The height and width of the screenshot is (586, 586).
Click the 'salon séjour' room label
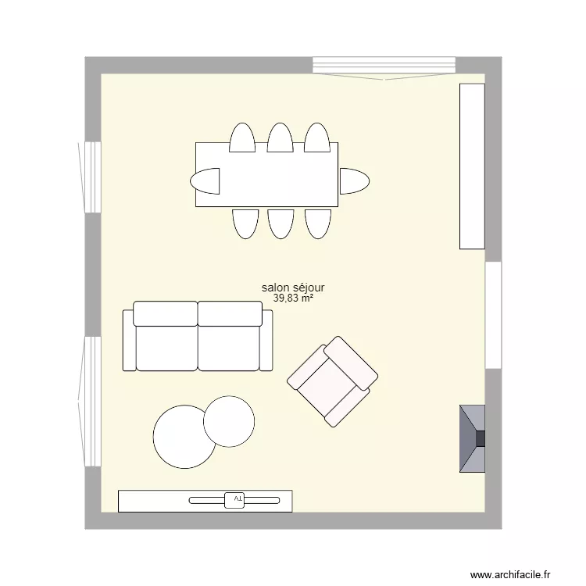[293, 288]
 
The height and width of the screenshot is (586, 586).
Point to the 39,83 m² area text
[293, 298]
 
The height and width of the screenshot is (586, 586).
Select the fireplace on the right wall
[472, 438]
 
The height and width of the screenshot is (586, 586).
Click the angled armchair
[333, 381]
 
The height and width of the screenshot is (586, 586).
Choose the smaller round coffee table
[229, 421]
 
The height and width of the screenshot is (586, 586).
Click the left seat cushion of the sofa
[166, 347]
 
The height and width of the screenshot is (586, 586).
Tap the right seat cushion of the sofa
[229, 347]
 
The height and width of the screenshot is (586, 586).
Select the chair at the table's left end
[205, 180]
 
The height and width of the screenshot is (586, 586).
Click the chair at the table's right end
[353, 180]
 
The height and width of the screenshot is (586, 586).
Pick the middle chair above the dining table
[280, 138]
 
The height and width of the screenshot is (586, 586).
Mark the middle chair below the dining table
[280, 223]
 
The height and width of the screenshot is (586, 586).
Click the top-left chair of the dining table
[242, 138]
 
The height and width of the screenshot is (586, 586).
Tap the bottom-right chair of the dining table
[318, 223]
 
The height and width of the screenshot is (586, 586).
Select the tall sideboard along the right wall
[472, 166]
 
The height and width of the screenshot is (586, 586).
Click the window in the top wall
[383, 66]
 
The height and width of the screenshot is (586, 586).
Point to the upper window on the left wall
[92, 177]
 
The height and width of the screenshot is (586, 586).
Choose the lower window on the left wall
[92, 401]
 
